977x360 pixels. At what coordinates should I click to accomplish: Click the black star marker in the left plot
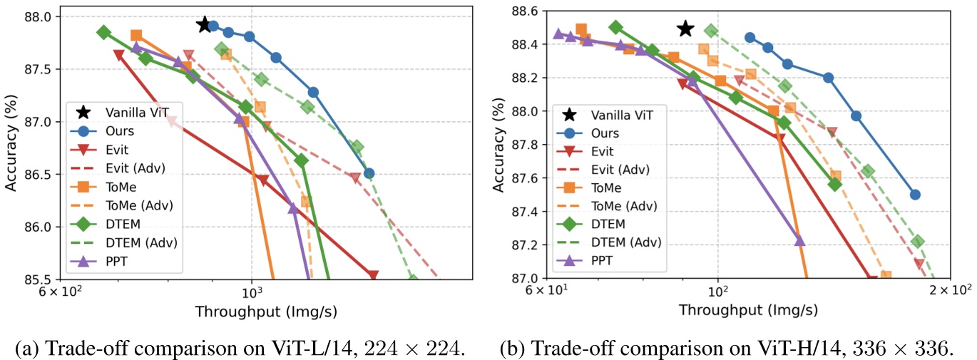coord(205,24)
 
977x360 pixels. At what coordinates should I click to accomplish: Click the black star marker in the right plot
coord(685,29)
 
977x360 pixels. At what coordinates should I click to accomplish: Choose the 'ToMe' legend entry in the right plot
coord(607,188)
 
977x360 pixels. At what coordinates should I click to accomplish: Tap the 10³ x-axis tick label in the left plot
coord(251,294)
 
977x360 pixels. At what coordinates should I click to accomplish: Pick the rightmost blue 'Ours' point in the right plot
coord(915,195)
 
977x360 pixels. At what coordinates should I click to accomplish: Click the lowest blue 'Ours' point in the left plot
coord(369,173)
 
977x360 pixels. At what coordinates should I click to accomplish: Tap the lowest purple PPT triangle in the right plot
coord(799,241)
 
